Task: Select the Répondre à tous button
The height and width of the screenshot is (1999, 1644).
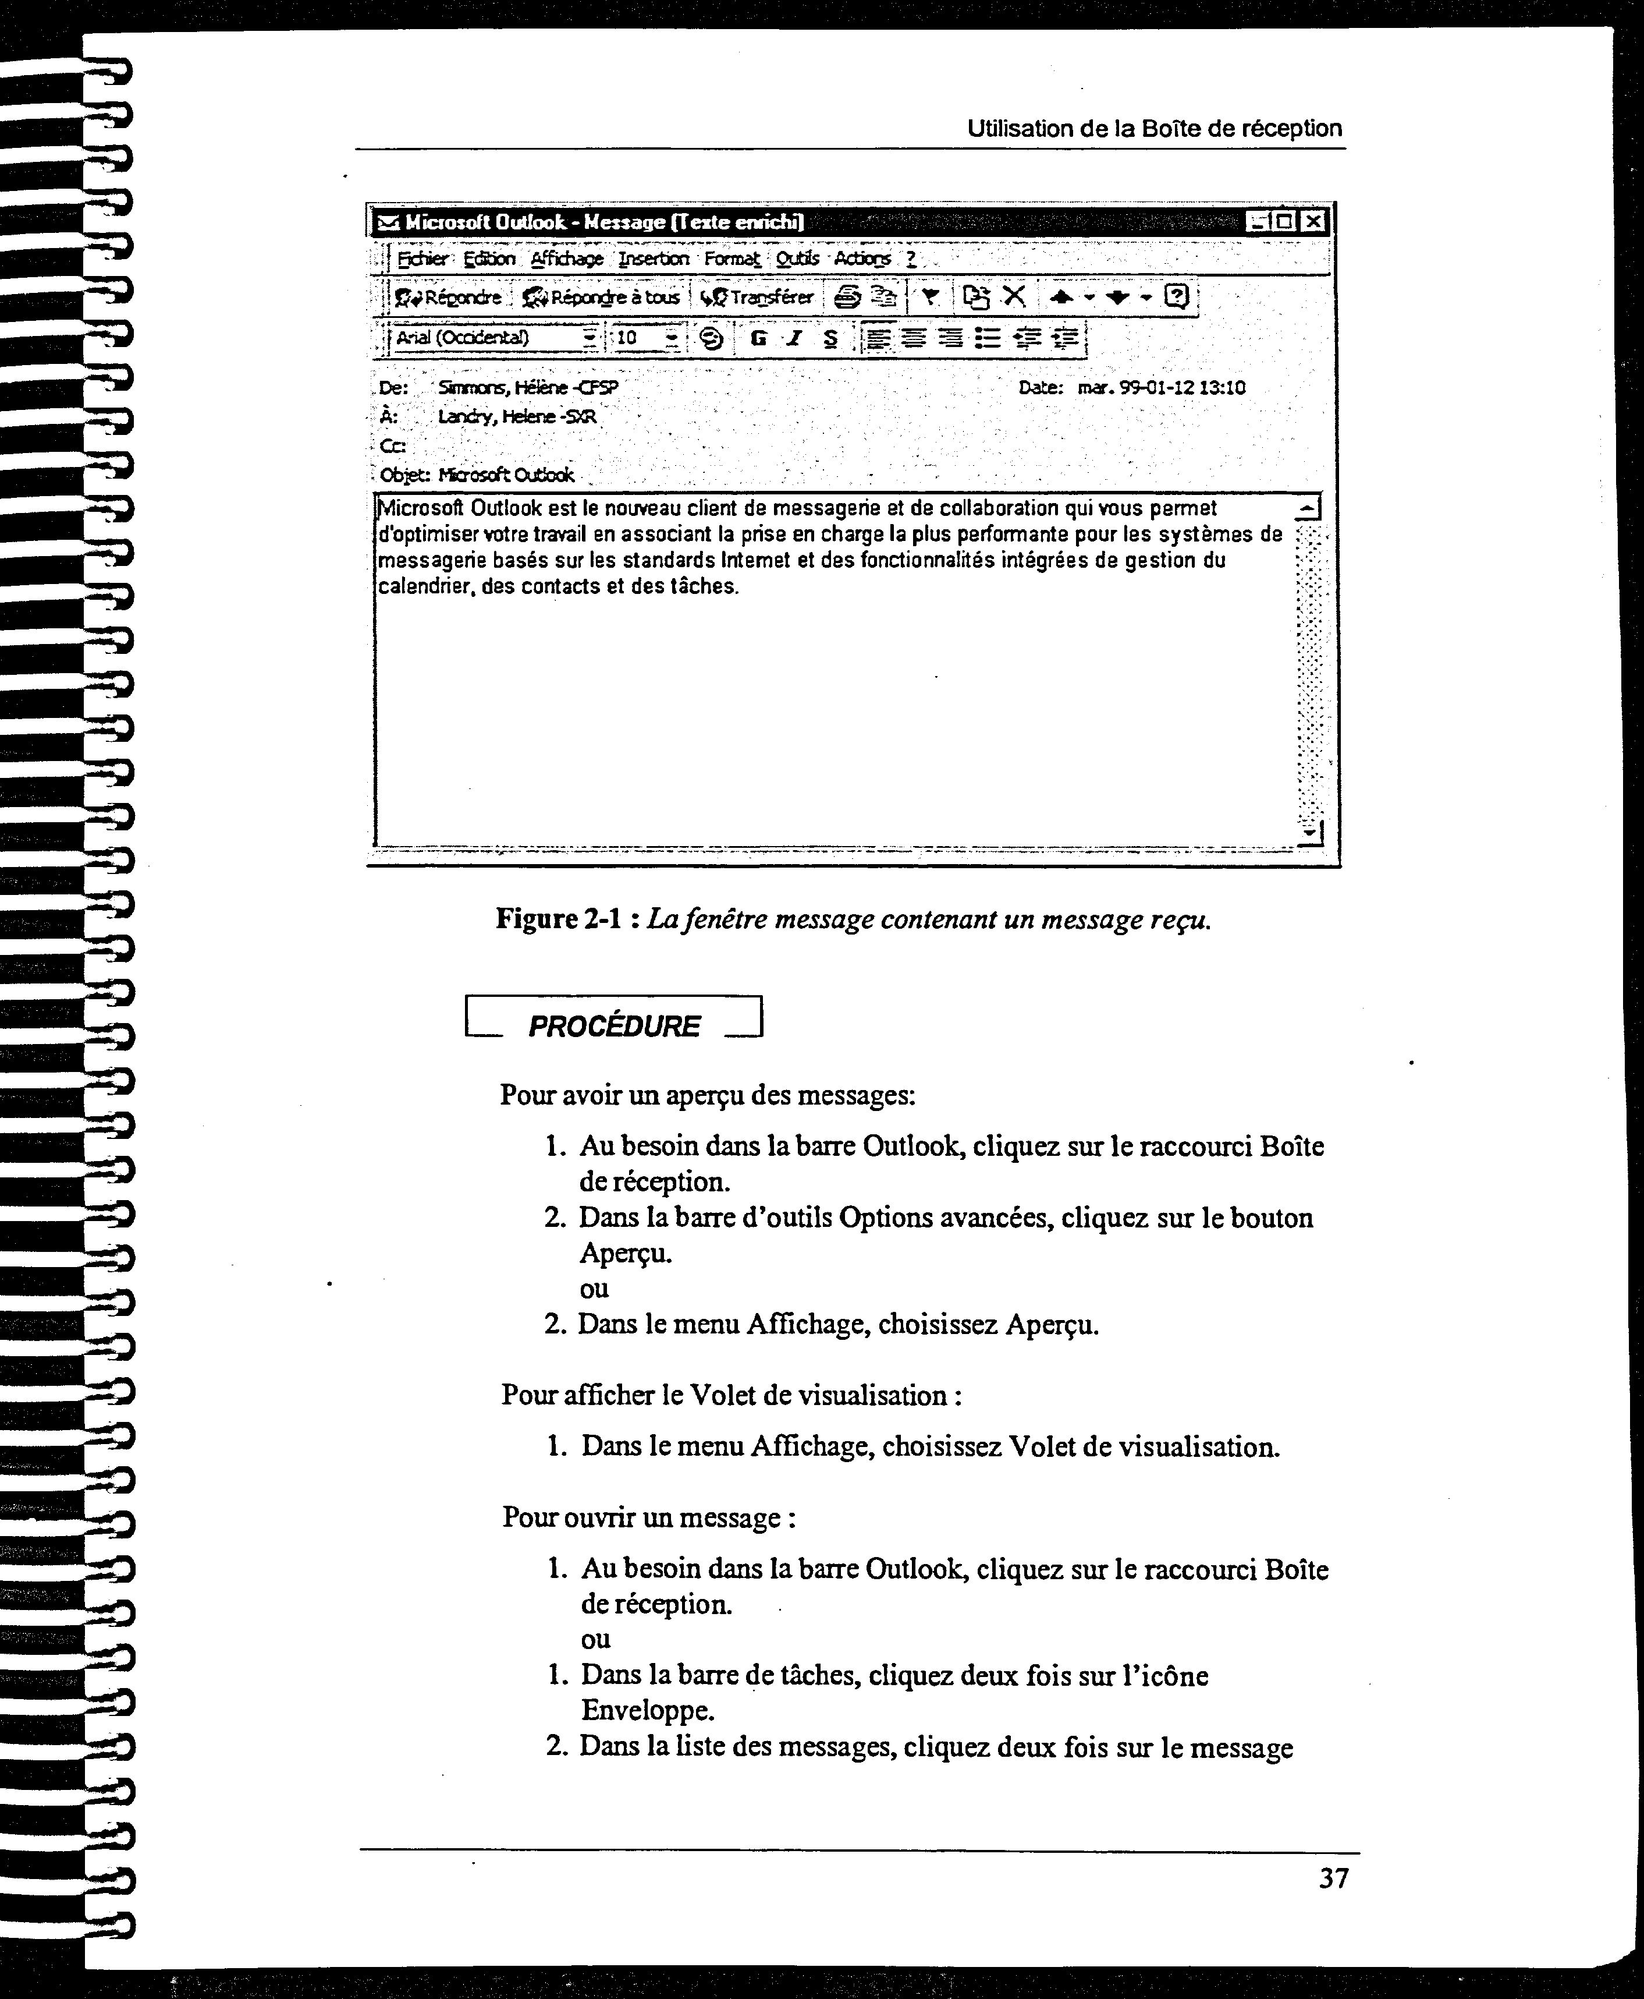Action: coord(602,298)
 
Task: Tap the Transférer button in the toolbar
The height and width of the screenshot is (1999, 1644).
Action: coord(758,298)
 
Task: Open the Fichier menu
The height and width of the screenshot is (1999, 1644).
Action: coord(422,259)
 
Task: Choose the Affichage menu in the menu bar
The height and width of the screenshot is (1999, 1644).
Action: coord(566,259)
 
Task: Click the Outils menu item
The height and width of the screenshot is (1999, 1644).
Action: coord(797,259)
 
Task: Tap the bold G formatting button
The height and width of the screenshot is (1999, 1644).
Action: coord(758,338)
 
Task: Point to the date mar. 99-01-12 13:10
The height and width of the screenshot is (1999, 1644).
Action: coord(1161,387)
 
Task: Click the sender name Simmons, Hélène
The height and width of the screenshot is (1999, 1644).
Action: coord(527,387)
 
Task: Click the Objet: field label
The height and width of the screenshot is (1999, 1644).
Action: coord(404,475)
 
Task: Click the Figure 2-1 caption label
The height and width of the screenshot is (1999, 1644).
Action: coord(557,919)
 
